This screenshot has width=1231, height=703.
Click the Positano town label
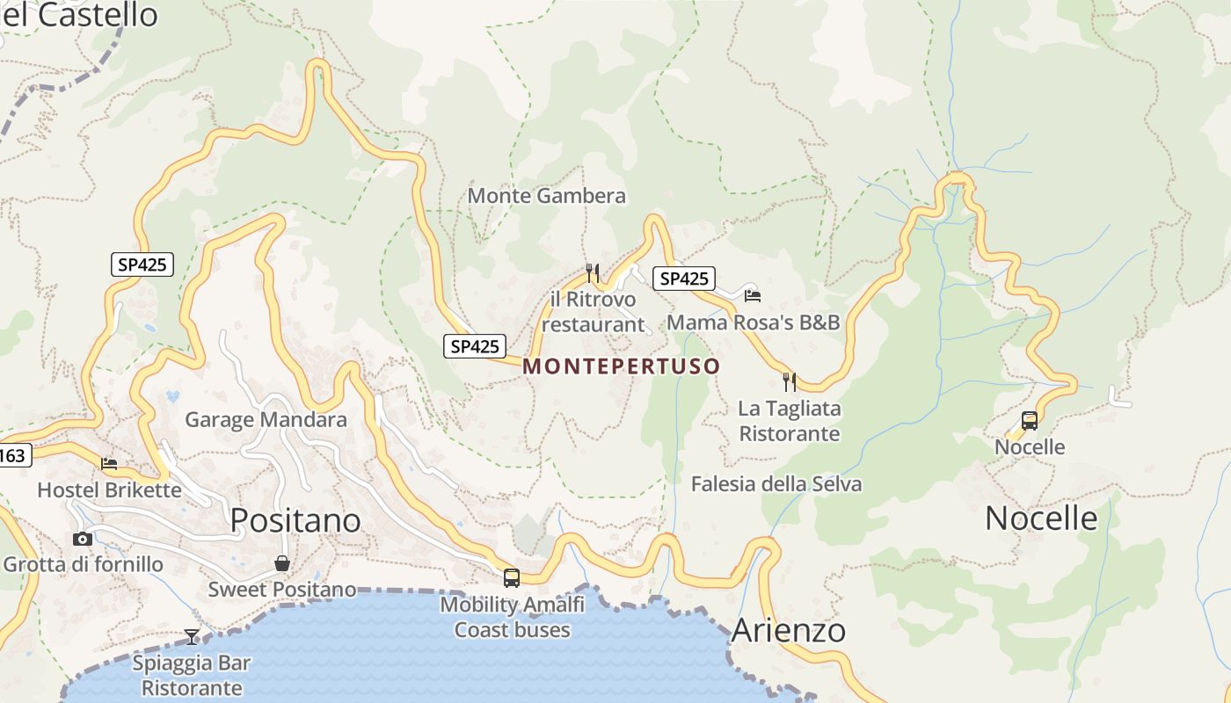pos(295,520)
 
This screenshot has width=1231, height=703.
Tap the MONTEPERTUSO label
pos(622,366)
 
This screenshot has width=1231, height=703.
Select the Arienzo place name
pos(788,630)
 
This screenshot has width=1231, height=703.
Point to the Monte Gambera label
pos(547,195)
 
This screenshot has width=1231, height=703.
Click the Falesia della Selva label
pos(776,484)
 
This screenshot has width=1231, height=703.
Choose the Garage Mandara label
pos(266,420)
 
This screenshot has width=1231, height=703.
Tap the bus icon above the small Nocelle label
pos(1030,421)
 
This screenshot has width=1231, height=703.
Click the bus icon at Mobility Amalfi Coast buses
pos(511,577)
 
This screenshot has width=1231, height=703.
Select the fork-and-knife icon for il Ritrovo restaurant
pos(593,273)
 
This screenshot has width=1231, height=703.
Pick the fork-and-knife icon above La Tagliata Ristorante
pos(790,381)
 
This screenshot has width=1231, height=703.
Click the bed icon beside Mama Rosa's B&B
pos(753,295)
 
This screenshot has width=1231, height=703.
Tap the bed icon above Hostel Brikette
pos(109,463)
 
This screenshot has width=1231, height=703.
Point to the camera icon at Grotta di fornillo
pos(83,539)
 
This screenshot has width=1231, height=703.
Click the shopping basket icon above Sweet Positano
pos(282,563)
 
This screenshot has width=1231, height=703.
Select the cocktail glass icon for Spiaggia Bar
pos(192,636)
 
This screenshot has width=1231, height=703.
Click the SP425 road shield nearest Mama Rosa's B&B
pos(684,279)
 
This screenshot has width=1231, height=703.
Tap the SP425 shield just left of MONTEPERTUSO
pos(475,346)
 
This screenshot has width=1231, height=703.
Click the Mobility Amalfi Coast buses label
pos(512,617)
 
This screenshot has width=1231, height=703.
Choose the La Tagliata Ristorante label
pos(789,421)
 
